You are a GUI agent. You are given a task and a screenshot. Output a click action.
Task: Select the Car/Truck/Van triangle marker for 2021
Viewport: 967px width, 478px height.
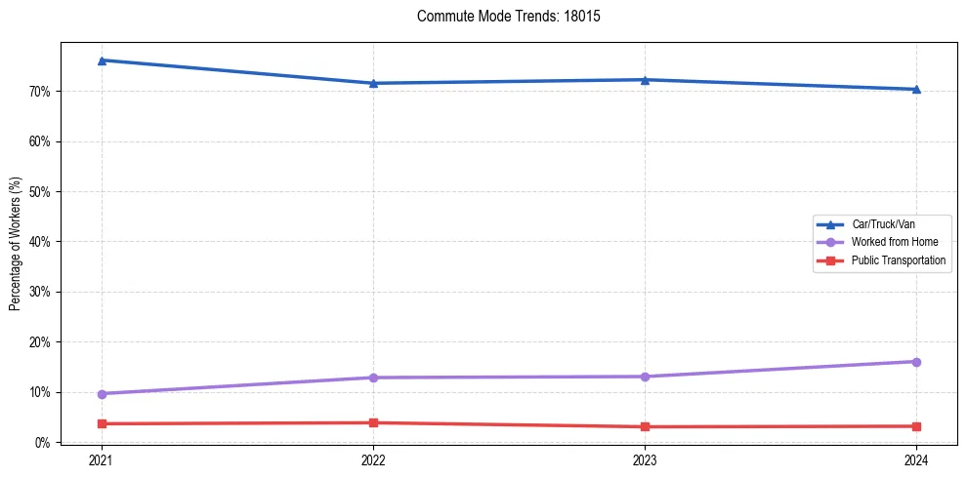(x=102, y=60)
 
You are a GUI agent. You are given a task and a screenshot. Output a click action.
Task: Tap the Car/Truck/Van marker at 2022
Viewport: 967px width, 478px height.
(x=373, y=83)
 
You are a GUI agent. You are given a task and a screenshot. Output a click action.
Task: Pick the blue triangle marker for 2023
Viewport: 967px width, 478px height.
(x=645, y=80)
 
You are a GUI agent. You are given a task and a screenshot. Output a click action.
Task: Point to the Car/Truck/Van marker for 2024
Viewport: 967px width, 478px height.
(x=916, y=89)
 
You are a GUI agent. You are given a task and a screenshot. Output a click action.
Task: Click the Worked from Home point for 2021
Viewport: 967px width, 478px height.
(x=102, y=394)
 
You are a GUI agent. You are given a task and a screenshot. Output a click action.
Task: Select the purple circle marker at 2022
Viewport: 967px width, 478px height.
(x=373, y=378)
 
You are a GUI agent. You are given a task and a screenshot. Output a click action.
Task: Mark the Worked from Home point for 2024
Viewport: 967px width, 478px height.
(x=916, y=362)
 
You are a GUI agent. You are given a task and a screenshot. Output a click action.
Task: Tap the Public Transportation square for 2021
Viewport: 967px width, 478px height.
(x=102, y=423)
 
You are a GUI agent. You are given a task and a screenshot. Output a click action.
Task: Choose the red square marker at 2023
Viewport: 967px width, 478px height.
(x=645, y=426)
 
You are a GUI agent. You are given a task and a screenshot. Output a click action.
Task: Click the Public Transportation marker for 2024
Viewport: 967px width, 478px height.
(x=916, y=426)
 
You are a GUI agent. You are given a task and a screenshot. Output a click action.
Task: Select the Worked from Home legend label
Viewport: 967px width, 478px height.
(x=894, y=242)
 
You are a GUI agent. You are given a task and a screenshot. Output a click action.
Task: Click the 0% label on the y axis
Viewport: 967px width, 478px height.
(x=42, y=443)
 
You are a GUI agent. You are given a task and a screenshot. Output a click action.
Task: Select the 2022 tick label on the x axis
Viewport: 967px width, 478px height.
(x=373, y=460)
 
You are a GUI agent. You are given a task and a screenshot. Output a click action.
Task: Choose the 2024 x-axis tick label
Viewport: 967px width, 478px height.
(x=916, y=460)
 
